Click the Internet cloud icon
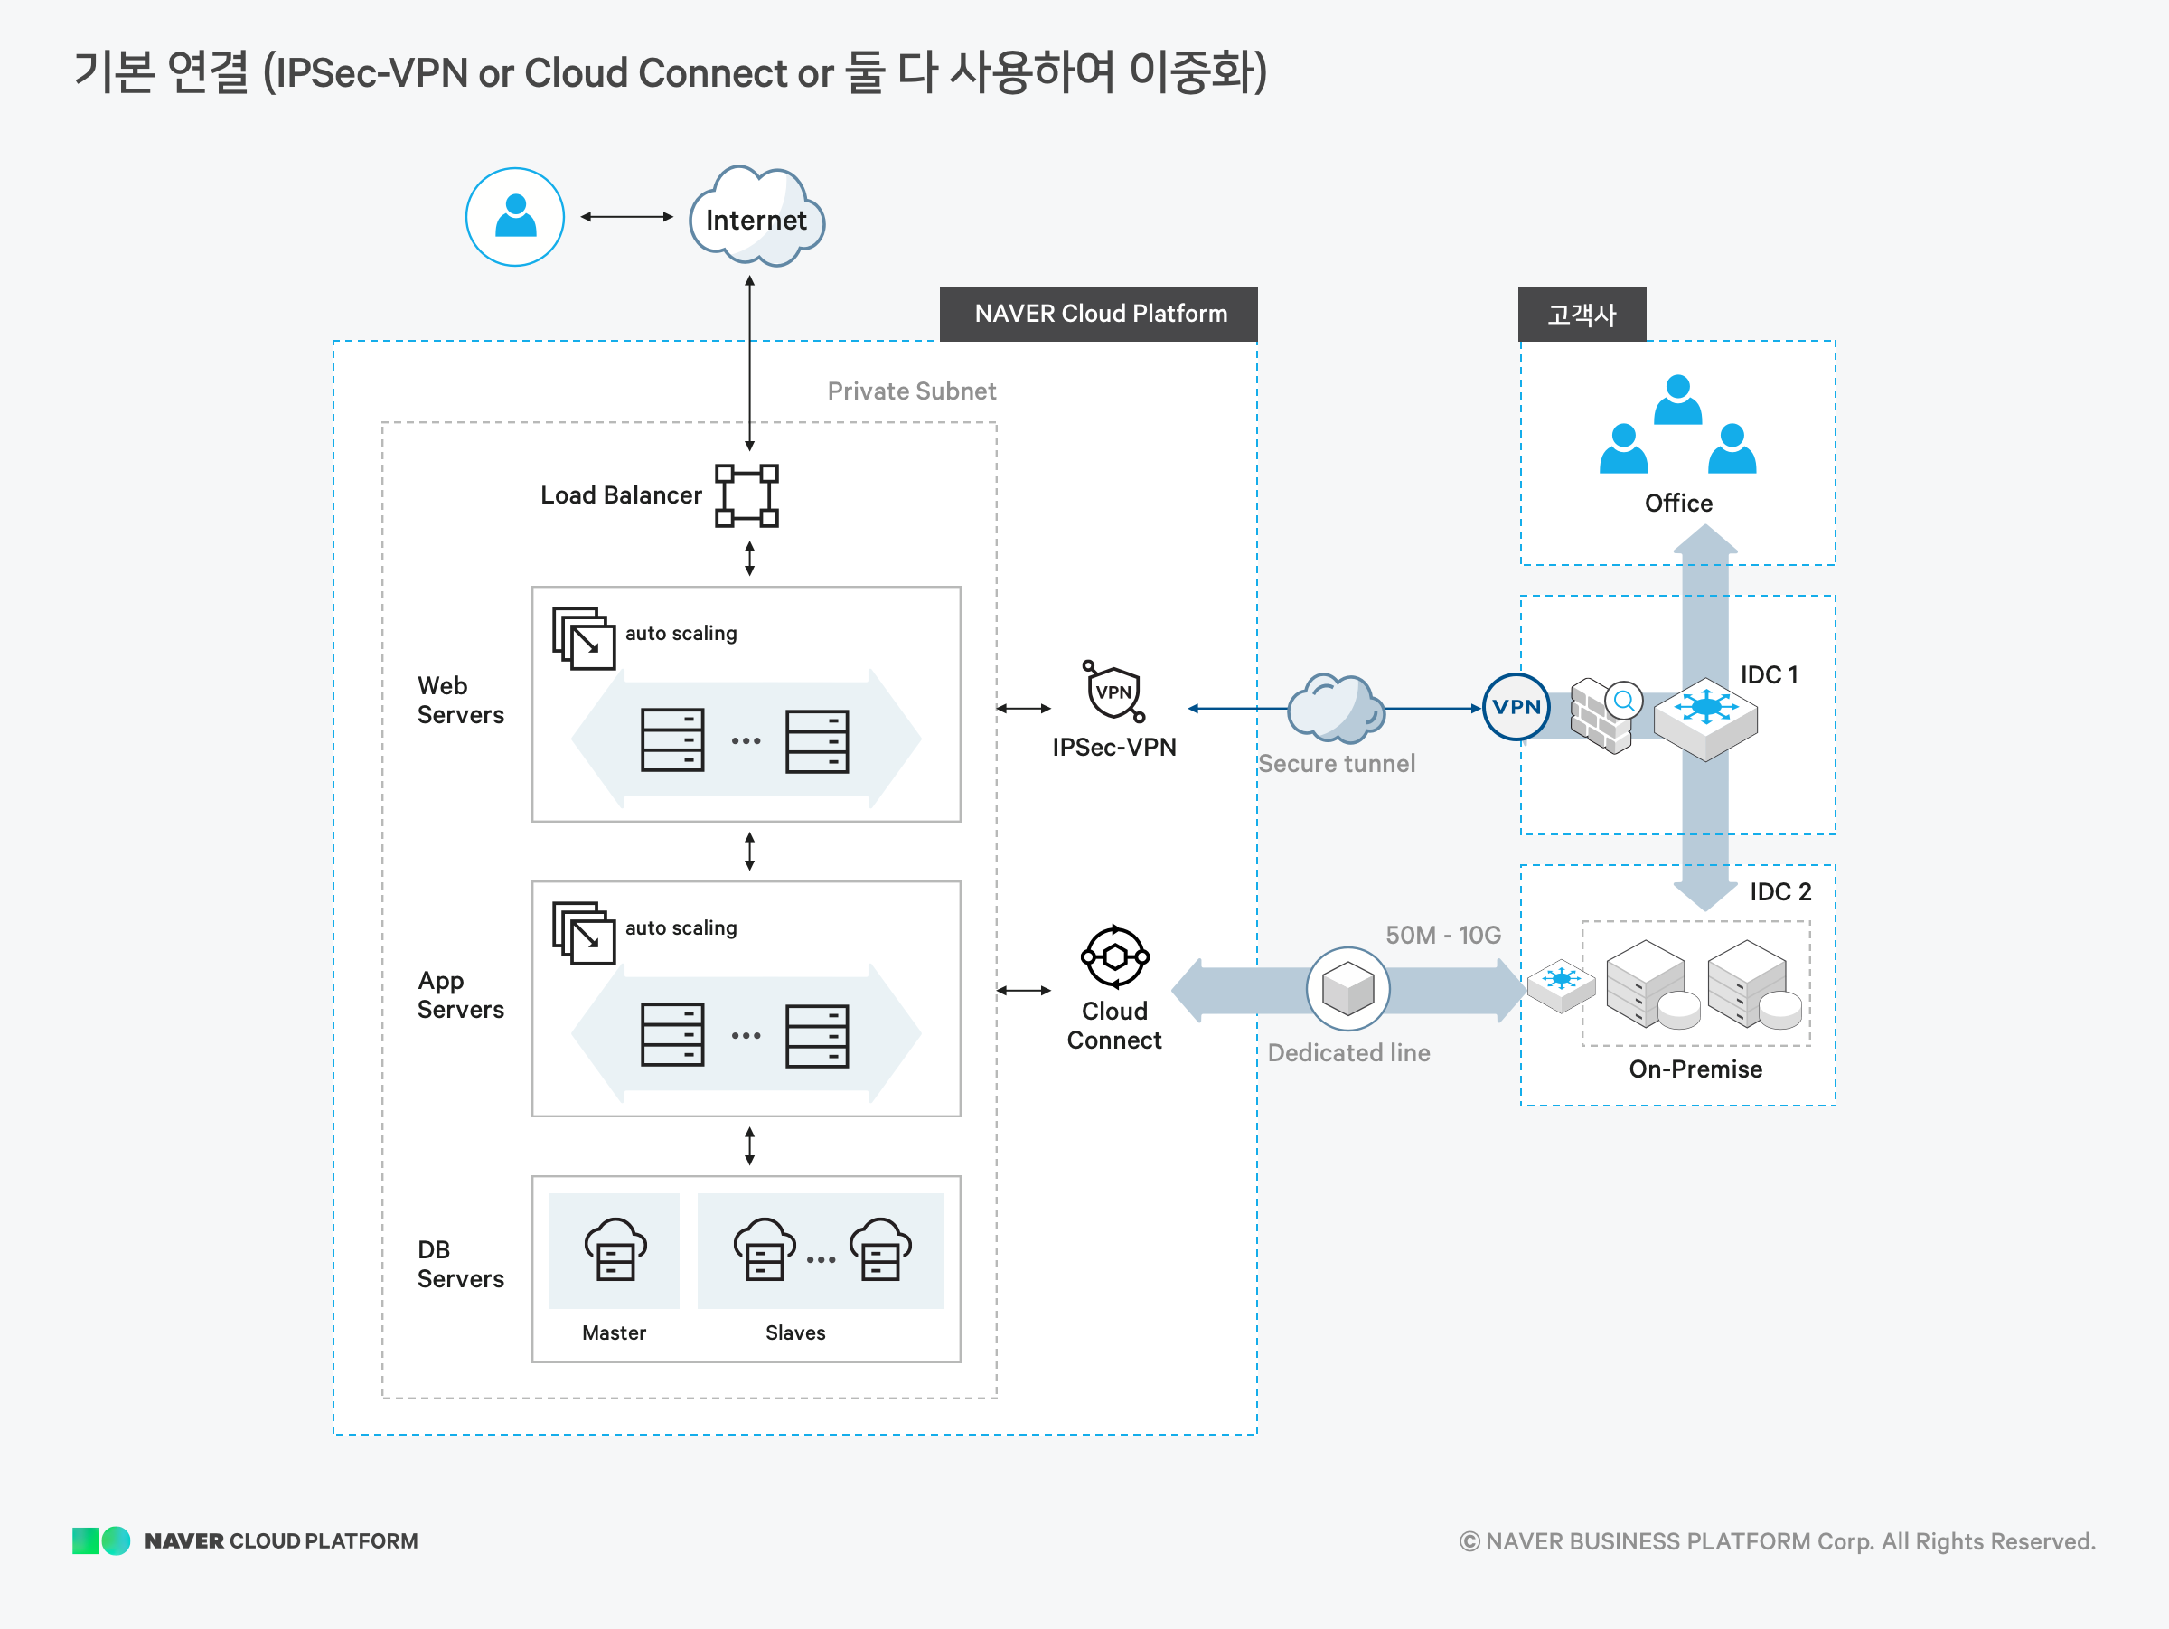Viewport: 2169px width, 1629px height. (756, 217)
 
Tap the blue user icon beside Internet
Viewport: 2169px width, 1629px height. (515, 217)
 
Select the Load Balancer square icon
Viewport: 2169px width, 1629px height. (746, 495)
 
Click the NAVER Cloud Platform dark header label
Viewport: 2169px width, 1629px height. (1098, 314)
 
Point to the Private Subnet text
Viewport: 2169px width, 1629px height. (911, 391)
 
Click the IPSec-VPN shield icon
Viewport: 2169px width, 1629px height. (1114, 692)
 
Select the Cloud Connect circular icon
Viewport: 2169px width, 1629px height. (1115, 956)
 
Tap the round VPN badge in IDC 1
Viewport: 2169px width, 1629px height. (1515, 707)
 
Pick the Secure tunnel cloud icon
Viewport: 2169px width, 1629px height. (1335, 708)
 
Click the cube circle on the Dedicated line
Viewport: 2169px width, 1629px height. (1347, 989)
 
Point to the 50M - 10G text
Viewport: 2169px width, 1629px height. (1442, 935)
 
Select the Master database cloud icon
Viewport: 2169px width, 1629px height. (615, 1250)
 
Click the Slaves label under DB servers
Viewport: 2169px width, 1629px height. (795, 1332)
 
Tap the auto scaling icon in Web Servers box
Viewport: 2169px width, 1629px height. (585, 638)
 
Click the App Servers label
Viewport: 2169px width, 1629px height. (460, 994)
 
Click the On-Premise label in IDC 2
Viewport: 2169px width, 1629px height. (1695, 1069)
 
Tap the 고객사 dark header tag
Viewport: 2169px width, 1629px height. (1581, 315)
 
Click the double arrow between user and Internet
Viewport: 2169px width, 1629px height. (626, 217)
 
